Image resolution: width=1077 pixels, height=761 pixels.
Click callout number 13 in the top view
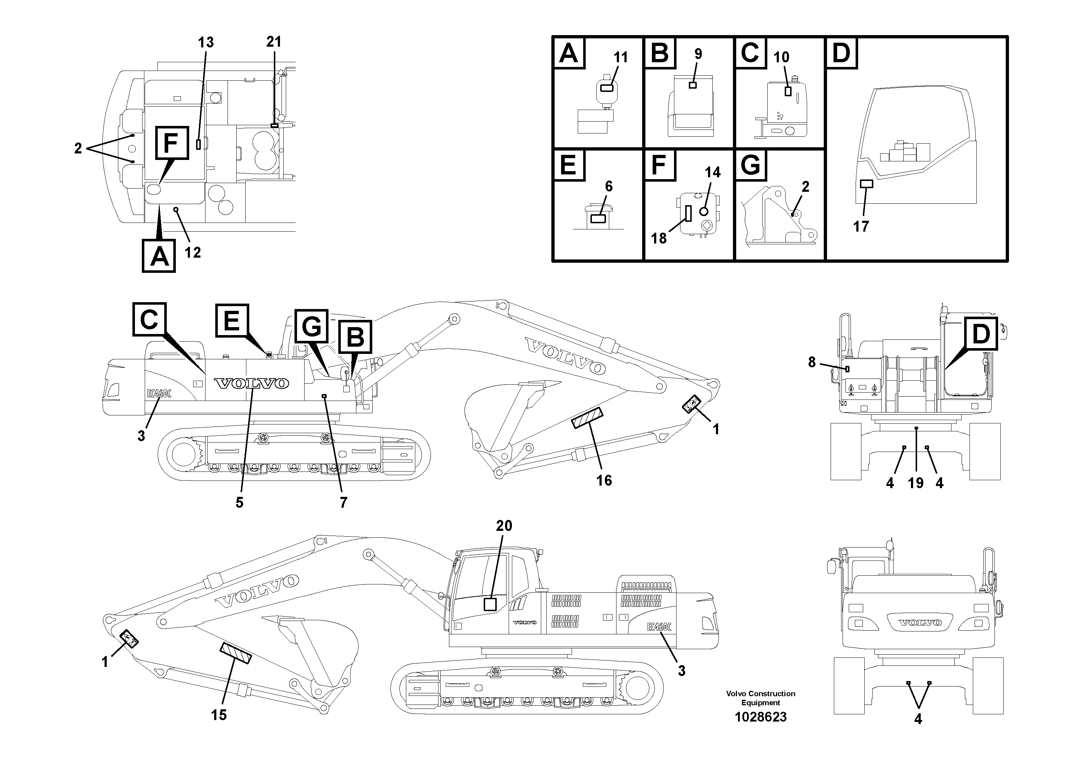point(205,43)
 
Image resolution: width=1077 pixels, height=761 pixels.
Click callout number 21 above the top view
point(274,42)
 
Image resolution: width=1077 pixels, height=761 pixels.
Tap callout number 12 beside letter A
point(192,253)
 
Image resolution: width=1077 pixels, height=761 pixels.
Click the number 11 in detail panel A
point(620,58)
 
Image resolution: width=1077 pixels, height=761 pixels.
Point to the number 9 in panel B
point(698,54)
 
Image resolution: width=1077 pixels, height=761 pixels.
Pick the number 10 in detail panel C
point(781,57)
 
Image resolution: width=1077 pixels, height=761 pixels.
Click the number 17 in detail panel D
point(861,227)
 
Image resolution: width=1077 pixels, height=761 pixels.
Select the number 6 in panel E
point(609,187)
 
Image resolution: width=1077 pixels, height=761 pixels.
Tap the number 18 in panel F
point(658,238)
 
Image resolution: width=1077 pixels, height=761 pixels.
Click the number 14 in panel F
point(713,173)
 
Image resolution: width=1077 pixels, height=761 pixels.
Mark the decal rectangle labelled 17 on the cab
point(866,184)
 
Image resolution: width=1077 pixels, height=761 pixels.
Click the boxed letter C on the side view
point(149,320)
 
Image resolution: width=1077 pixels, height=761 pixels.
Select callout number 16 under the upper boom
point(604,481)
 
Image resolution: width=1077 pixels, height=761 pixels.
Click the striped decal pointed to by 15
point(236,653)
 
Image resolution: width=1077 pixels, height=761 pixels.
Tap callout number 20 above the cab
point(504,526)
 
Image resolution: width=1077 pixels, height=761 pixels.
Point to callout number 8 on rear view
point(811,362)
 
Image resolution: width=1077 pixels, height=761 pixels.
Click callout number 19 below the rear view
point(915,483)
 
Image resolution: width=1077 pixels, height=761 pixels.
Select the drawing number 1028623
point(760,717)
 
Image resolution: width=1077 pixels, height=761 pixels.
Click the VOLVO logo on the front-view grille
point(919,623)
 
